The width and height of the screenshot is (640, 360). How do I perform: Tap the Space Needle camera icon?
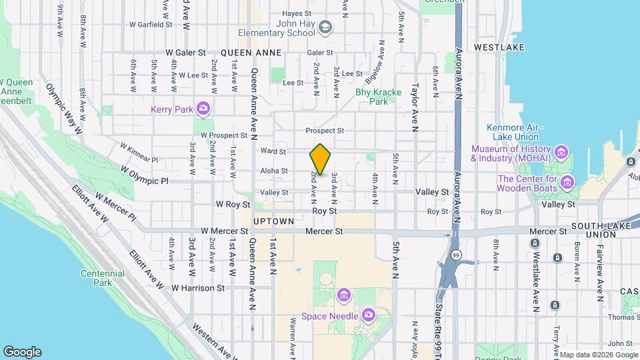[368, 315]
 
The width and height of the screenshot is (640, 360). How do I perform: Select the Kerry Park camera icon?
[203, 108]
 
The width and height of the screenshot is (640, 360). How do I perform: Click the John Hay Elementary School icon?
[325, 27]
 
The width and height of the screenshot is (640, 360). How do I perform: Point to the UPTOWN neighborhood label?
[273, 221]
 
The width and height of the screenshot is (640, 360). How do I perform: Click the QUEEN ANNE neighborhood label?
[251, 52]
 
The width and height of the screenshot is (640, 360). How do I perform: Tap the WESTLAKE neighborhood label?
[499, 48]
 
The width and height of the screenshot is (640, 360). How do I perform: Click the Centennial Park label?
[103, 278]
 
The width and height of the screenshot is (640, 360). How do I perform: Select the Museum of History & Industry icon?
[561, 154]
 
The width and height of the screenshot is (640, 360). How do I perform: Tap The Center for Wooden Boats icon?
[567, 182]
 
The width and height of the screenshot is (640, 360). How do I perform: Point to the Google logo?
[22, 352]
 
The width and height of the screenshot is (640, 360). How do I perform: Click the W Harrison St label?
[198, 288]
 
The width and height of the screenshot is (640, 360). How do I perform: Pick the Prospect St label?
[325, 131]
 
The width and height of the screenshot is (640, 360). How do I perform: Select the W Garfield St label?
[151, 24]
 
